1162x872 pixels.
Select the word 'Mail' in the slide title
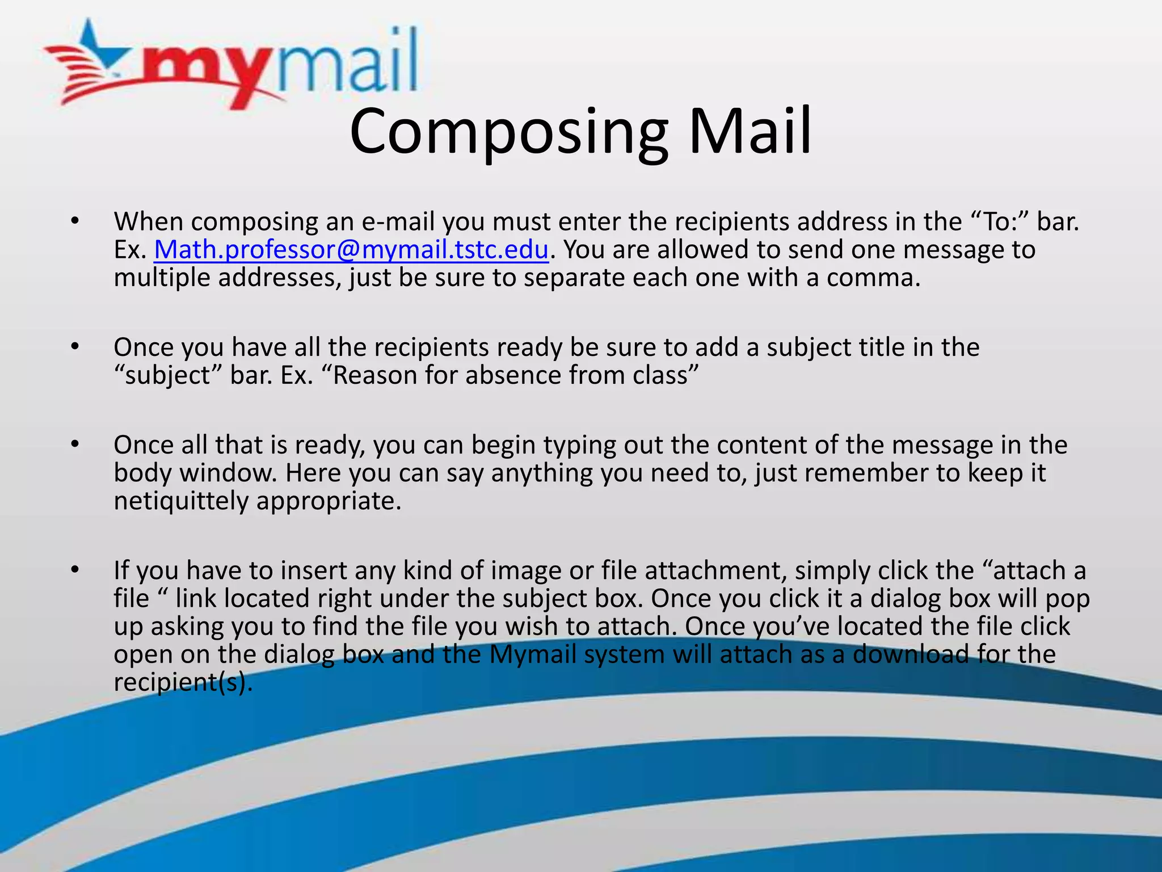coord(750,132)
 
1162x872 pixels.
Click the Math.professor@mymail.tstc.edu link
coord(351,250)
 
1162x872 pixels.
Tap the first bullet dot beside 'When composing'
coord(75,221)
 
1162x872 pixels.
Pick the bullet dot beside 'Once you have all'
coord(75,346)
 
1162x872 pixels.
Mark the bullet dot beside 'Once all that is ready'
coord(75,444)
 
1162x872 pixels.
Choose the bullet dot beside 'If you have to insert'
coord(75,569)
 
